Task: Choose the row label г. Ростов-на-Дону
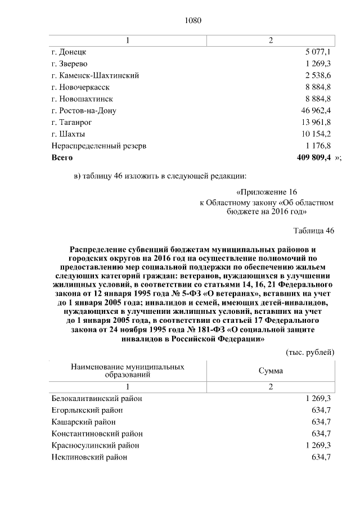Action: pyautogui.click(x=84, y=111)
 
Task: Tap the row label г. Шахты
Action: pyautogui.click(x=68, y=134)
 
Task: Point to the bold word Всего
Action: pyautogui.click(x=62, y=158)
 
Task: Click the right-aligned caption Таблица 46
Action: pyautogui.click(x=314, y=231)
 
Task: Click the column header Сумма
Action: pyautogui.click(x=271, y=371)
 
